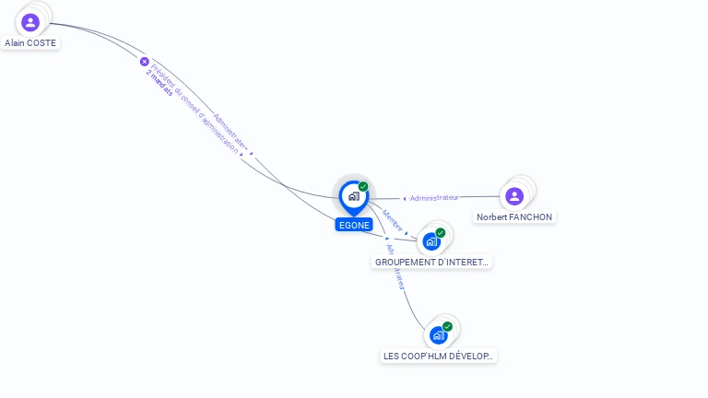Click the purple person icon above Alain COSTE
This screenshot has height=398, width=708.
[30, 22]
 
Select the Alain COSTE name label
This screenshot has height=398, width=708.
[30, 43]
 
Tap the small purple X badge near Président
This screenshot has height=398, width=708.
[144, 62]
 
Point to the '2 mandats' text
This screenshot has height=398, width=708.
[159, 82]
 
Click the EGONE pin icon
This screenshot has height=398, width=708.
[353, 196]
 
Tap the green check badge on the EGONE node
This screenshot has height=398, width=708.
[363, 187]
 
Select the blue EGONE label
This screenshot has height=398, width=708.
[354, 225]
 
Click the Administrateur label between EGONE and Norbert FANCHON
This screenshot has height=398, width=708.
[434, 197]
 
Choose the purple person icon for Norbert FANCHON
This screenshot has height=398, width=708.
[514, 196]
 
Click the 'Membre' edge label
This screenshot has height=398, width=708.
[393, 219]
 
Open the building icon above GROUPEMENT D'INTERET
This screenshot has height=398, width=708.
[431, 241]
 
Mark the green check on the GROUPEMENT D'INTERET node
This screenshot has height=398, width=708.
[441, 232]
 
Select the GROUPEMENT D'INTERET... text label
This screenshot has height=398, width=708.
[432, 263]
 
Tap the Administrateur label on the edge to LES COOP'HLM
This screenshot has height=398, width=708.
[395, 265]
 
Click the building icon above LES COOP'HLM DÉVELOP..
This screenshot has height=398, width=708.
[438, 335]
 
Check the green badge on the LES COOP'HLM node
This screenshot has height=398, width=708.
[447, 326]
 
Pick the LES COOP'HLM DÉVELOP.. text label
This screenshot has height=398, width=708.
[439, 357]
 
